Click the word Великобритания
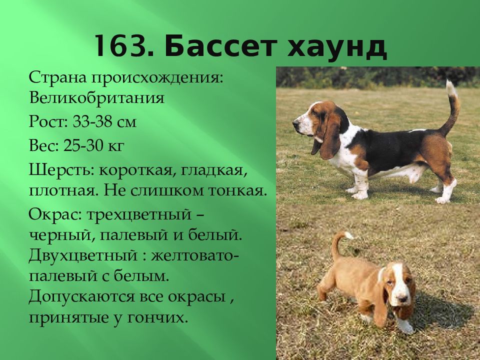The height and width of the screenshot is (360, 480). click(x=96, y=96)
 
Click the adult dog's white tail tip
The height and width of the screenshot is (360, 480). click(x=451, y=88)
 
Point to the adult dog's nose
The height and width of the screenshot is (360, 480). click(x=295, y=122)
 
